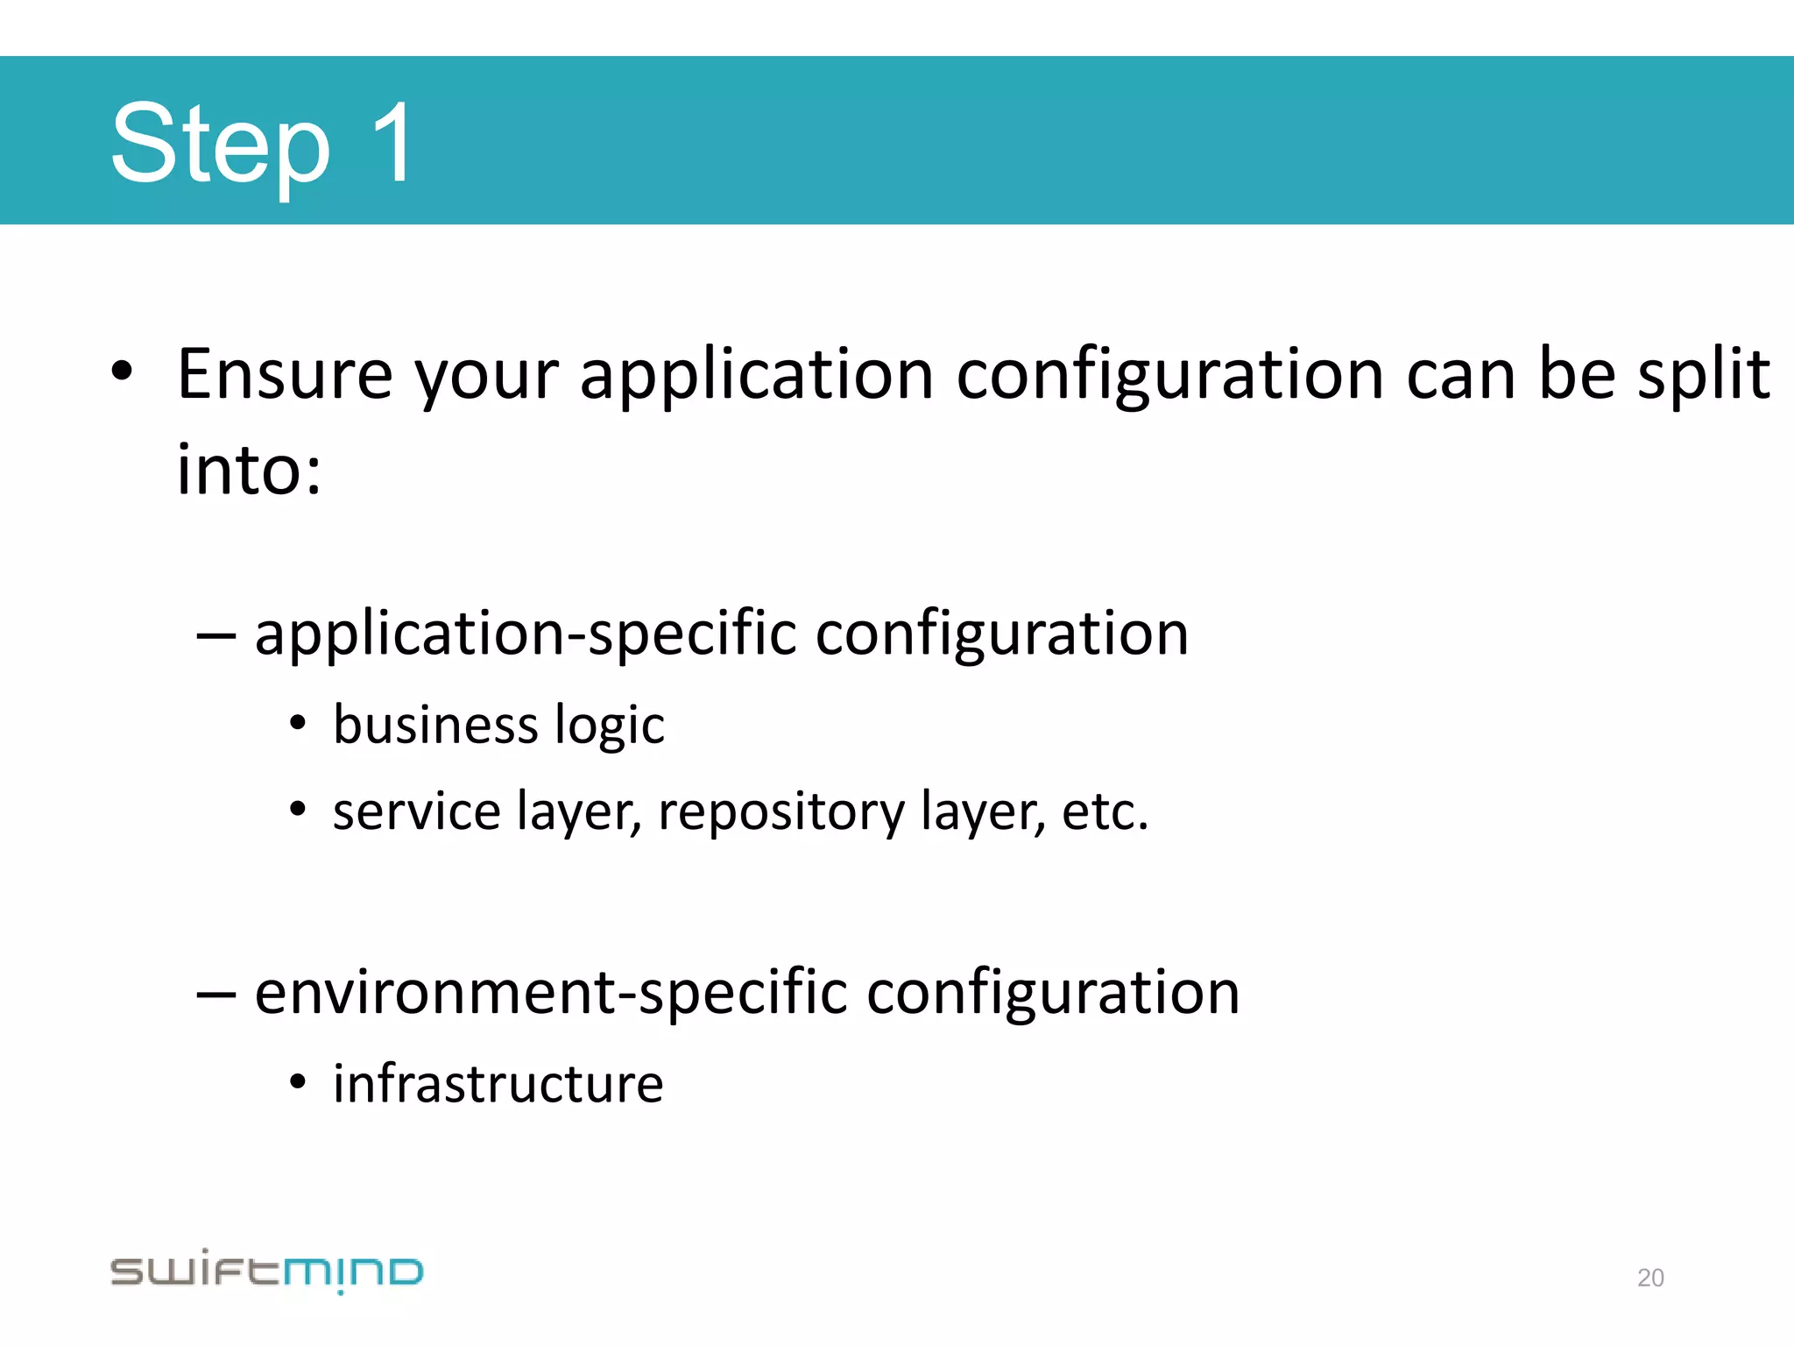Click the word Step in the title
(x=221, y=145)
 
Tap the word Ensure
(x=285, y=375)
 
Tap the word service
(x=416, y=811)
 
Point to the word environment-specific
(x=551, y=994)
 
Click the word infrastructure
(x=498, y=1084)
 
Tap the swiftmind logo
(x=266, y=1271)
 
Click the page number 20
(x=1650, y=1278)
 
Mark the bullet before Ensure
(x=122, y=372)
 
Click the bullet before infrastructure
(x=298, y=1083)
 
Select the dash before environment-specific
(x=215, y=995)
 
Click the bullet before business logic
(x=298, y=724)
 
